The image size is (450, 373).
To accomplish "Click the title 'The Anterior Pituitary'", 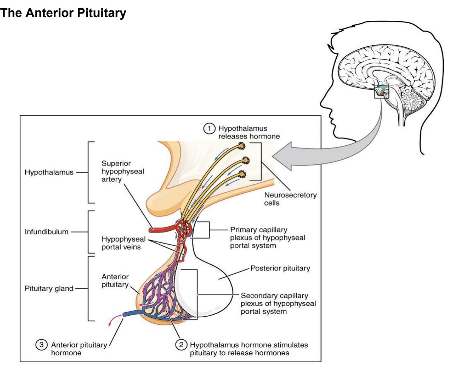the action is pos(63,13).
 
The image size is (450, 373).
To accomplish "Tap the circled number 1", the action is pos(209,128).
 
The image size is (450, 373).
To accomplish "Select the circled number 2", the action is pos(181,345).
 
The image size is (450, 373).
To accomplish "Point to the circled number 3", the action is pos(41,345).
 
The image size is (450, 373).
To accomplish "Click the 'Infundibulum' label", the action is pos(46,232).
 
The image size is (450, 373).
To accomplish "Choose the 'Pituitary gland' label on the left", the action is pos(49,288).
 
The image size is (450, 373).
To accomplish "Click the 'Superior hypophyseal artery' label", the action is pos(123,171).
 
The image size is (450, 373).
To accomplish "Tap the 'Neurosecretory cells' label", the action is pos(290,199).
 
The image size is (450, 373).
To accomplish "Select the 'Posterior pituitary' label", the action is pos(280,268).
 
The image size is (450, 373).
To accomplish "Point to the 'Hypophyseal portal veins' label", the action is pos(124,243).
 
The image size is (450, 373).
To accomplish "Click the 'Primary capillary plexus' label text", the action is pos(268,238).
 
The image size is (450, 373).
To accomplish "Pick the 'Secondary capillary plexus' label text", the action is pos(278,303).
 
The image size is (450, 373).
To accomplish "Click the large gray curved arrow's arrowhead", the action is pos(283,157).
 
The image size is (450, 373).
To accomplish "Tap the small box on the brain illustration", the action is pos(382,92).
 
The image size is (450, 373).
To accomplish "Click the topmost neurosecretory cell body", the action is pos(241,146).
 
